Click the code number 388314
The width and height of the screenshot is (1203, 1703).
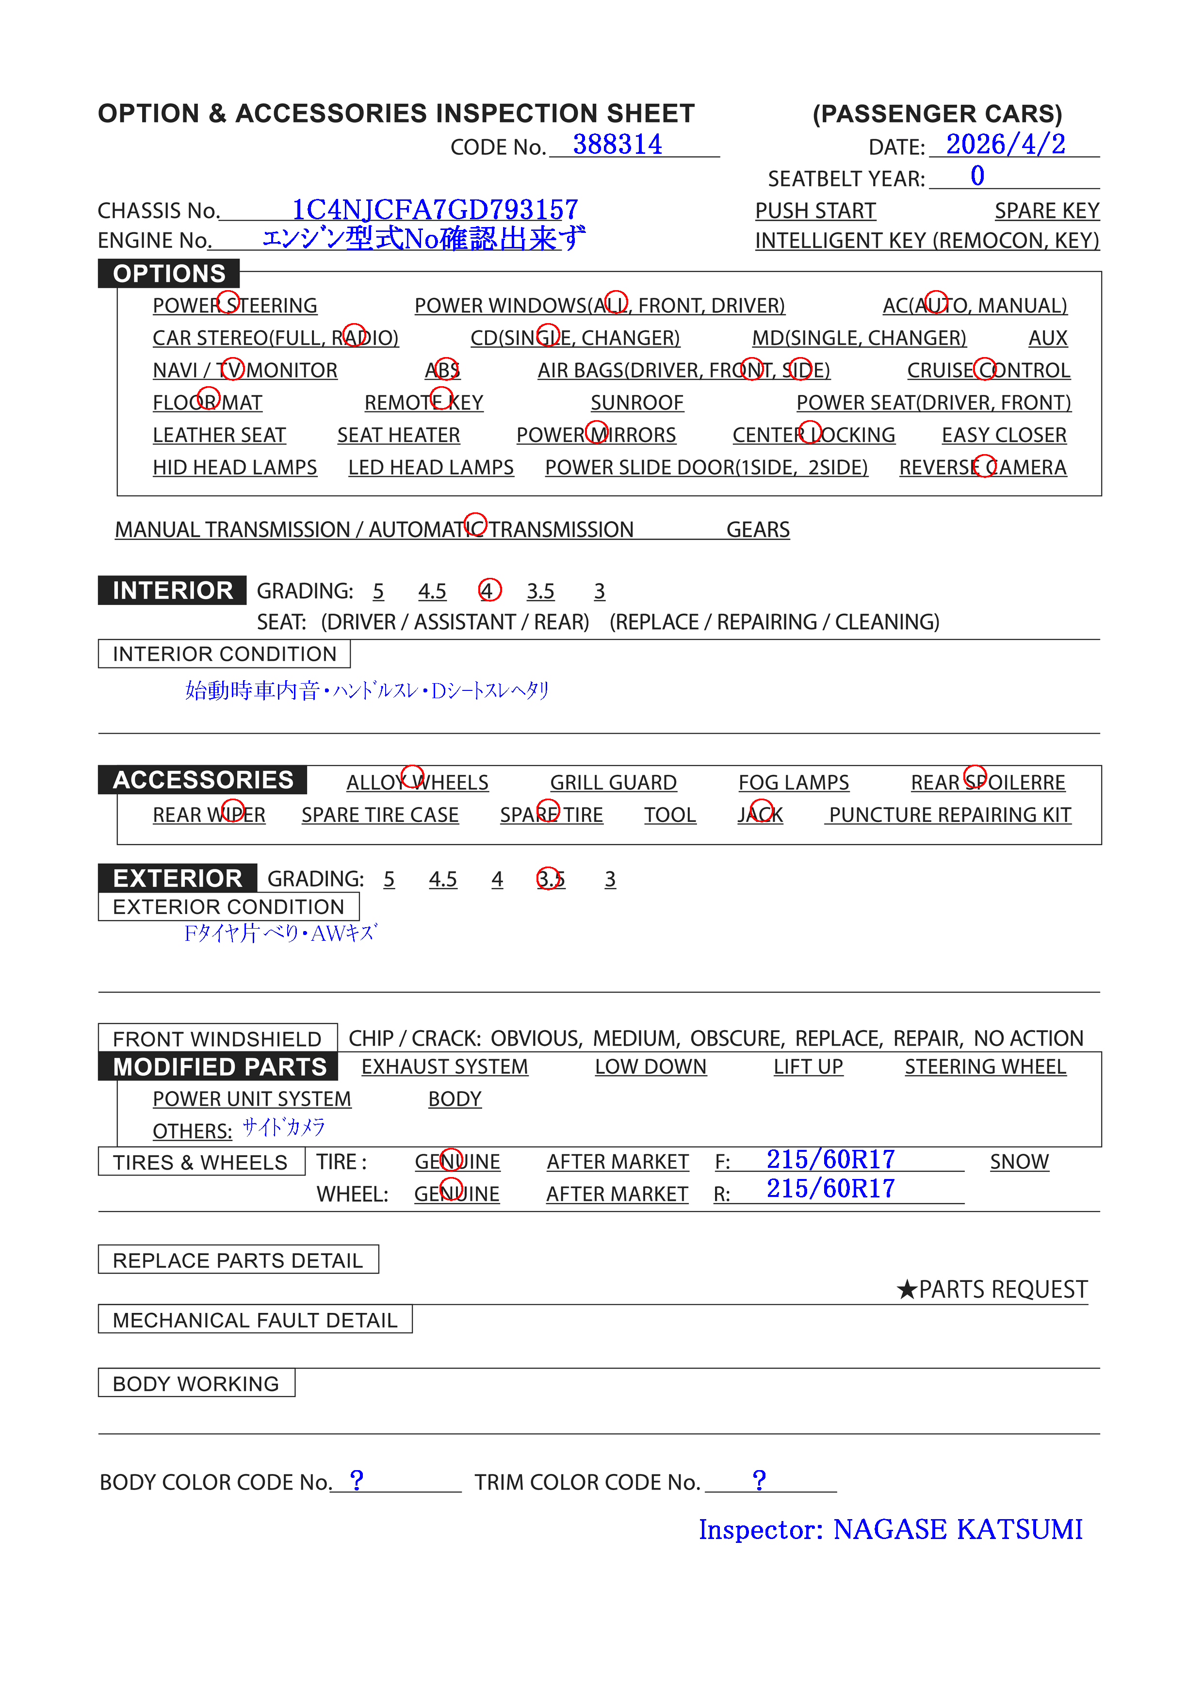617,145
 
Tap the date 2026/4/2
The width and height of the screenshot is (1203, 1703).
1005,145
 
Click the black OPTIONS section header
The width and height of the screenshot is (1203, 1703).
169,274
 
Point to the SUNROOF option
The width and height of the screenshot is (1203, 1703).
636,403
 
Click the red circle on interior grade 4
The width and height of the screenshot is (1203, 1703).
489,590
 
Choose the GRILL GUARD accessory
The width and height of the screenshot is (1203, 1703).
613,783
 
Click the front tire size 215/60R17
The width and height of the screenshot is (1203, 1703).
830,1159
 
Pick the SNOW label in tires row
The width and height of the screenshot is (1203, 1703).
1019,1162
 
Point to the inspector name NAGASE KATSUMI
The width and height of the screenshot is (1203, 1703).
958,1529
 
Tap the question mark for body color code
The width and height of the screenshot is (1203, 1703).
357,1480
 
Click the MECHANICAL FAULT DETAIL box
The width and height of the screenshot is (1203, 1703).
255,1320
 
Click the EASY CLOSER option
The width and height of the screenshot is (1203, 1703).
1004,435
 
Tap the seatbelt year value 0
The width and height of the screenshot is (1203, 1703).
977,177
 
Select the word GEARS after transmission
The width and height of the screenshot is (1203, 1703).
757,530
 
